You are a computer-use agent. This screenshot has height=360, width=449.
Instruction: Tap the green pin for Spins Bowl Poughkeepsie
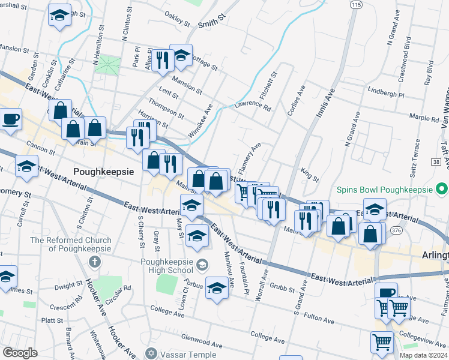click(x=442, y=190)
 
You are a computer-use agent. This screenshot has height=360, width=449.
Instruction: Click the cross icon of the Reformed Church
click(x=93, y=262)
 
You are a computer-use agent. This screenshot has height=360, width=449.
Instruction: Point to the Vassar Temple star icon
click(x=151, y=353)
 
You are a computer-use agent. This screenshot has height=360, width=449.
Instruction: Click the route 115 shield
click(x=357, y=4)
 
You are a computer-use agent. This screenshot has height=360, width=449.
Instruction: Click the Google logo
click(x=20, y=352)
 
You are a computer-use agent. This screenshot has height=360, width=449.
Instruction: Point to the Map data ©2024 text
click(x=423, y=355)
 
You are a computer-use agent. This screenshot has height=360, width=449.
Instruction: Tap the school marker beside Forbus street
click(x=217, y=289)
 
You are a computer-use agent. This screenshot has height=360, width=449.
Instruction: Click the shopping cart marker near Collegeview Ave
click(x=382, y=343)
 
